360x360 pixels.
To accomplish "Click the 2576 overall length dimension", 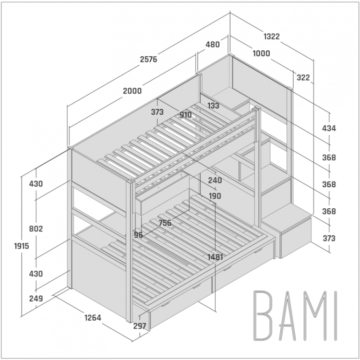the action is [148, 59].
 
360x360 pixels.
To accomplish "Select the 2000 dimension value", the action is [132, 91].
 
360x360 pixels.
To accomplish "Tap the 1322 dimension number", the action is [272, 36].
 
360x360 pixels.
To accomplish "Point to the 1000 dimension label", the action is [261, 53].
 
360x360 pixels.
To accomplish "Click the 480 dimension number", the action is [212, 44].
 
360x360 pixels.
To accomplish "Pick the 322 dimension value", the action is [303, 78].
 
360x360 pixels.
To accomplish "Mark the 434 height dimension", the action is [329, 128].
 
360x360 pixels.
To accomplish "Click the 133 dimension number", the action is [213, 106].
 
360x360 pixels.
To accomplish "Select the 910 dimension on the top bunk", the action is [185, 115].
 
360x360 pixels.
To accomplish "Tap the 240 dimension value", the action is [215, 180].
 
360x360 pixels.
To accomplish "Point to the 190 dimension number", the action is [215, 196].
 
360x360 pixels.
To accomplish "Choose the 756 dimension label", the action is [165, 223].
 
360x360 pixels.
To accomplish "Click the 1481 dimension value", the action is [215, 257].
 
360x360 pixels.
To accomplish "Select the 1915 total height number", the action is [22, 246].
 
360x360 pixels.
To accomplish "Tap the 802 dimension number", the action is [36, 228].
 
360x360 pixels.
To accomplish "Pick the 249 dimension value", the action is [36, 299].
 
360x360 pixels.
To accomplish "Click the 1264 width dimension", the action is [93, 318].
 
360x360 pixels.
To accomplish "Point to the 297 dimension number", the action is [140, 326].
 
